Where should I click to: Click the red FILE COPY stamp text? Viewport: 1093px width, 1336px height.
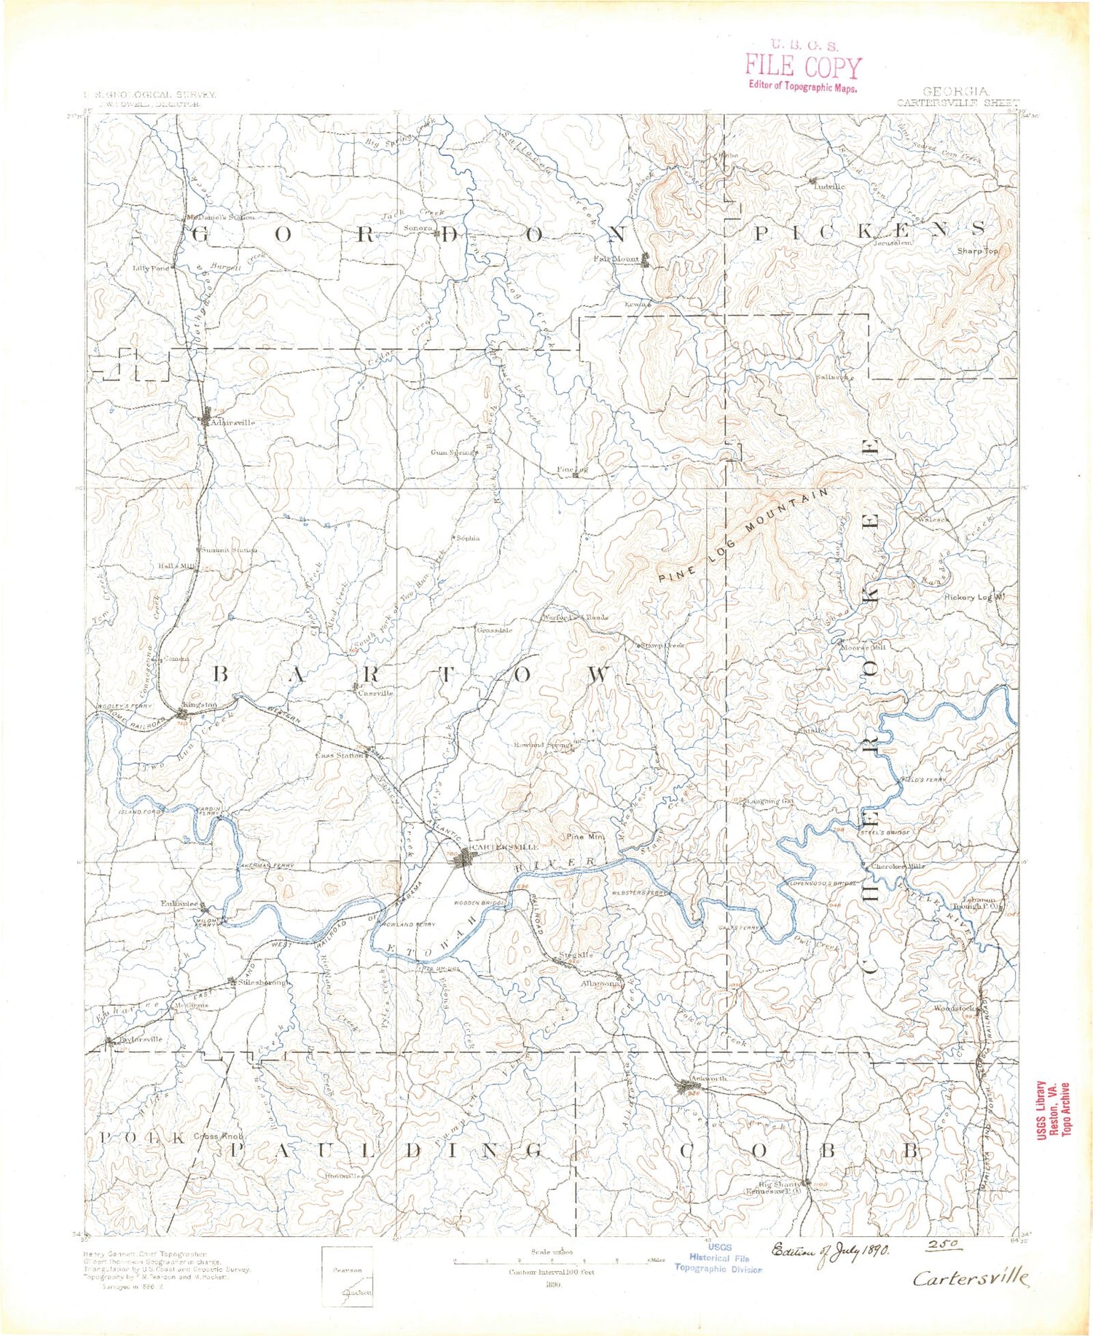[x=802, y=66]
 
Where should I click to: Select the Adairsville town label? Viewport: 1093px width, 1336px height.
[x=232, y=423]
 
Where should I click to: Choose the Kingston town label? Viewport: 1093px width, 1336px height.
[x=200, y=705]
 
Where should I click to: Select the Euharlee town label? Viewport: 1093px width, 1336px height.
[x=179, y=903]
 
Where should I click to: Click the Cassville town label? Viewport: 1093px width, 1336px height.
[x=377, y=693]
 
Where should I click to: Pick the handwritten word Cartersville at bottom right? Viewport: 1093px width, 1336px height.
[x=971, y=1278]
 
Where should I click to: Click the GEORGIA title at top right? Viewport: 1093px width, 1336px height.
[x=955, y=92]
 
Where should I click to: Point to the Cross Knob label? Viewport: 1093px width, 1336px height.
[x=218, y=1136]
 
